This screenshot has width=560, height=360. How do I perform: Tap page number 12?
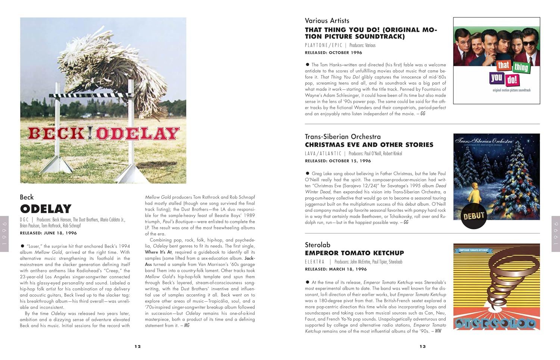(x=138, y=347)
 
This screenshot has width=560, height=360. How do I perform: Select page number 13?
(x=423, y=347)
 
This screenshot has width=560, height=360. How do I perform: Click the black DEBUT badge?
(x=474, y=216)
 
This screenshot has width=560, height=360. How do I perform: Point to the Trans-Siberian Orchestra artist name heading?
(x=343, y=137)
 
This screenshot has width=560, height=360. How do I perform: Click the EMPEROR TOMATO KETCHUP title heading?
(x=354, y=253)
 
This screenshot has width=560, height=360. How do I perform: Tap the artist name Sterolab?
(x=317, y=245)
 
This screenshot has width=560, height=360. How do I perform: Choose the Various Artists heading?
(x=327, y=21)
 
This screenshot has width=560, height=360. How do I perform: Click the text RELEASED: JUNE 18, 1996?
(x=48, y=233)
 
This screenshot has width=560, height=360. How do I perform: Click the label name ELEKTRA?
(x=315, y=262)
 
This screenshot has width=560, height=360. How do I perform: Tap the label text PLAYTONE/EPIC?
(x=323, y=45)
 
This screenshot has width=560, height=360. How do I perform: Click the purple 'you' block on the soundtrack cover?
(x=497, y=78)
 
